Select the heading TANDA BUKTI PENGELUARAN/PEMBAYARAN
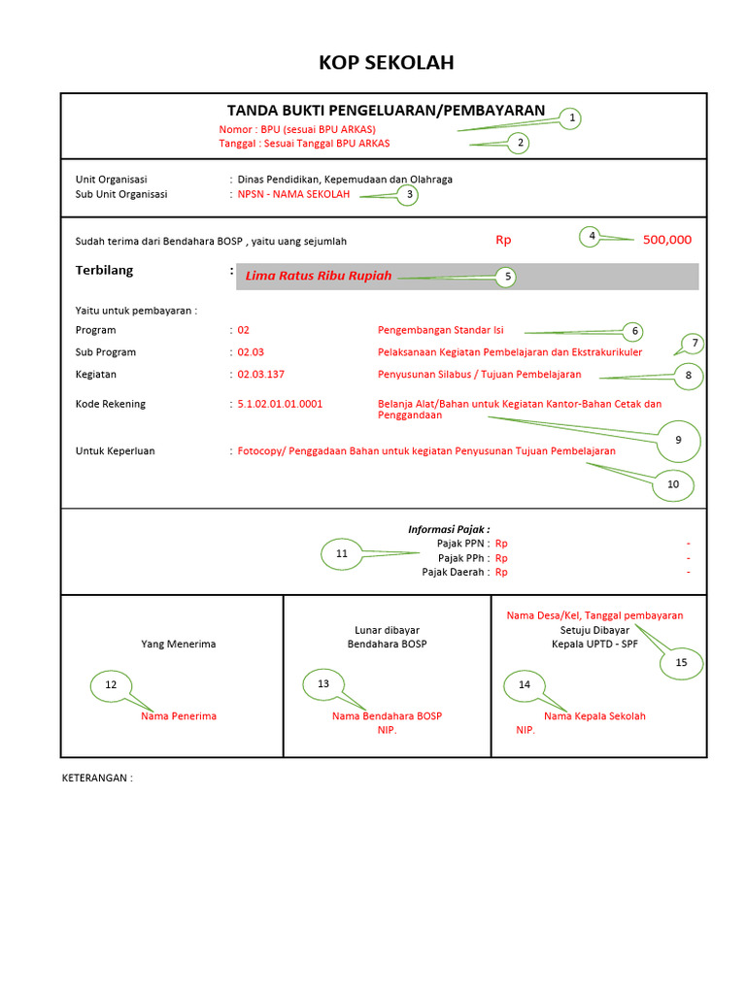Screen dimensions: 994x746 [386, 111]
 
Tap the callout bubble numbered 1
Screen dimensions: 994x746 [572, 118]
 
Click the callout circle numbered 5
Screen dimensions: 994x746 [505, 277]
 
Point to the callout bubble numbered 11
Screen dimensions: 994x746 [341, 554]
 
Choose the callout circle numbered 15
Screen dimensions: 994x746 [681, 662]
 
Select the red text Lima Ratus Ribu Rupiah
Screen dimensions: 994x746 [319, 276]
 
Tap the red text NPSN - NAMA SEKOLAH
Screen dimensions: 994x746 [293, 194]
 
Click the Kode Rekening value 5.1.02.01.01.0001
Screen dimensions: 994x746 [280, 404]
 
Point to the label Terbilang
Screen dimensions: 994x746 [104, 270]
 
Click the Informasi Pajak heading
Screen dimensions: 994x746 [449, 529]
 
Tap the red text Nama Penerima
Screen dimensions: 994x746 [178, 716]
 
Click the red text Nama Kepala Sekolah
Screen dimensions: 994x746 [594, 716]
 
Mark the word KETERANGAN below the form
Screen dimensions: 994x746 [96, 778]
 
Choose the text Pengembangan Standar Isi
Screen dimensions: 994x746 [440, 330]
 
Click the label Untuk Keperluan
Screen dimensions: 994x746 [115, 450]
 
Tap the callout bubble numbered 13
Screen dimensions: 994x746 [323, 684]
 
